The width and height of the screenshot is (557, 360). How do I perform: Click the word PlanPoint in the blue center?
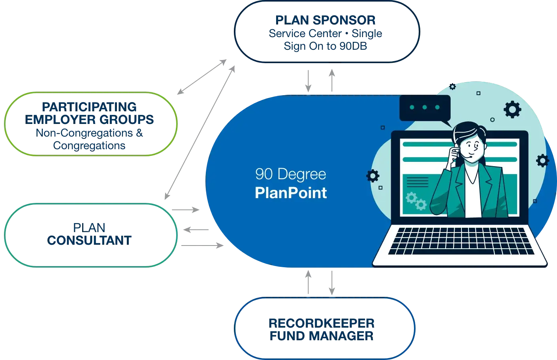click(x=291, y=193)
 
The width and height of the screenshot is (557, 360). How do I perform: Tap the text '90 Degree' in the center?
click(x=291, y=174)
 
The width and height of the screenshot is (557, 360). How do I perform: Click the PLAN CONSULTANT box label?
click(x=89, y=234)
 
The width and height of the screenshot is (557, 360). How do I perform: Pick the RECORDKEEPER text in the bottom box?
click(x=322, y=323)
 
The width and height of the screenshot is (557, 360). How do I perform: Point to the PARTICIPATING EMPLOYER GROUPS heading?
click(x=90, y=113)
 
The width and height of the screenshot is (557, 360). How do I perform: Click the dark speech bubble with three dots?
click(x=425, y=107)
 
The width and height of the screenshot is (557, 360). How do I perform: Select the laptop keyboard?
click(x=461, y=242)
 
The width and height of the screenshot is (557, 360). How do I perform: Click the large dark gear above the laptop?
click(x=512, y=109)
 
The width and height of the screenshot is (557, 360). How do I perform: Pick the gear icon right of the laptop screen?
click(x=542, y=160)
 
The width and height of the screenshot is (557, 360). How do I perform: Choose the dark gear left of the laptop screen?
click(x=373, y=176)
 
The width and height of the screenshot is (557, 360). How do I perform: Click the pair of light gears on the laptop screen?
click(x=416, y=201)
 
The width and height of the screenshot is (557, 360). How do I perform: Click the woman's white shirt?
click(x=473, y=197)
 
